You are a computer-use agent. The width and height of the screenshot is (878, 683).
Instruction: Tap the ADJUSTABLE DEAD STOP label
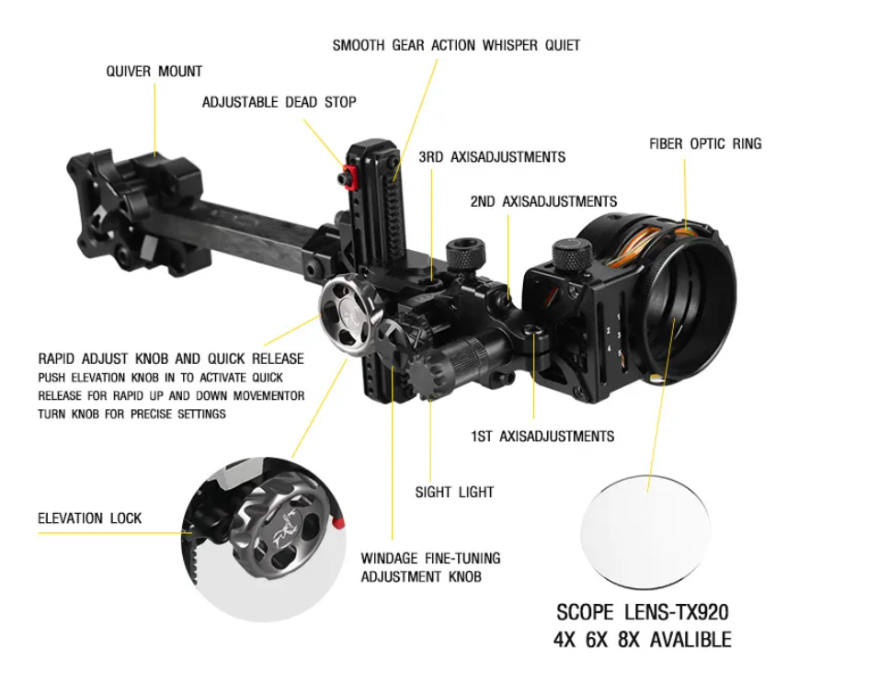[279, 102]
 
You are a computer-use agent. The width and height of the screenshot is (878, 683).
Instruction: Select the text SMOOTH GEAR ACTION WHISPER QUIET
[456, 45]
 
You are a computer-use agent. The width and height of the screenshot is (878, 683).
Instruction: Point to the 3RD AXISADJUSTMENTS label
[492, 157]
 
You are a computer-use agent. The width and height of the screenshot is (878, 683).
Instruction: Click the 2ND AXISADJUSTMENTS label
[543, 201]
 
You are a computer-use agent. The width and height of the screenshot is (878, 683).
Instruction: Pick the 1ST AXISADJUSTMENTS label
[542, 436]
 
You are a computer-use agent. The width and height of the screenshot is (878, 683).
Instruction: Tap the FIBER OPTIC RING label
[705, 143]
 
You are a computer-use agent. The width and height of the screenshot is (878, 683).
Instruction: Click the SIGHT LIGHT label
[454, 493]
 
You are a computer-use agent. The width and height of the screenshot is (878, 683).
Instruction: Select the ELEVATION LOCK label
[90, 518]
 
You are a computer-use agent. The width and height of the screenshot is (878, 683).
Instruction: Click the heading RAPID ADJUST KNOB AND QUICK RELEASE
[171, 359]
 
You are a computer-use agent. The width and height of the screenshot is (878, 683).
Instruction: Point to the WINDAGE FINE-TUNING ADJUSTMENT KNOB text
[430, 567]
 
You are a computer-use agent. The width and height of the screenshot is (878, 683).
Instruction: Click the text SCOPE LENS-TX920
[643, 611]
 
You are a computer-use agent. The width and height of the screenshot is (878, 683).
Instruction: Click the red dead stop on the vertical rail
[348, 176]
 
